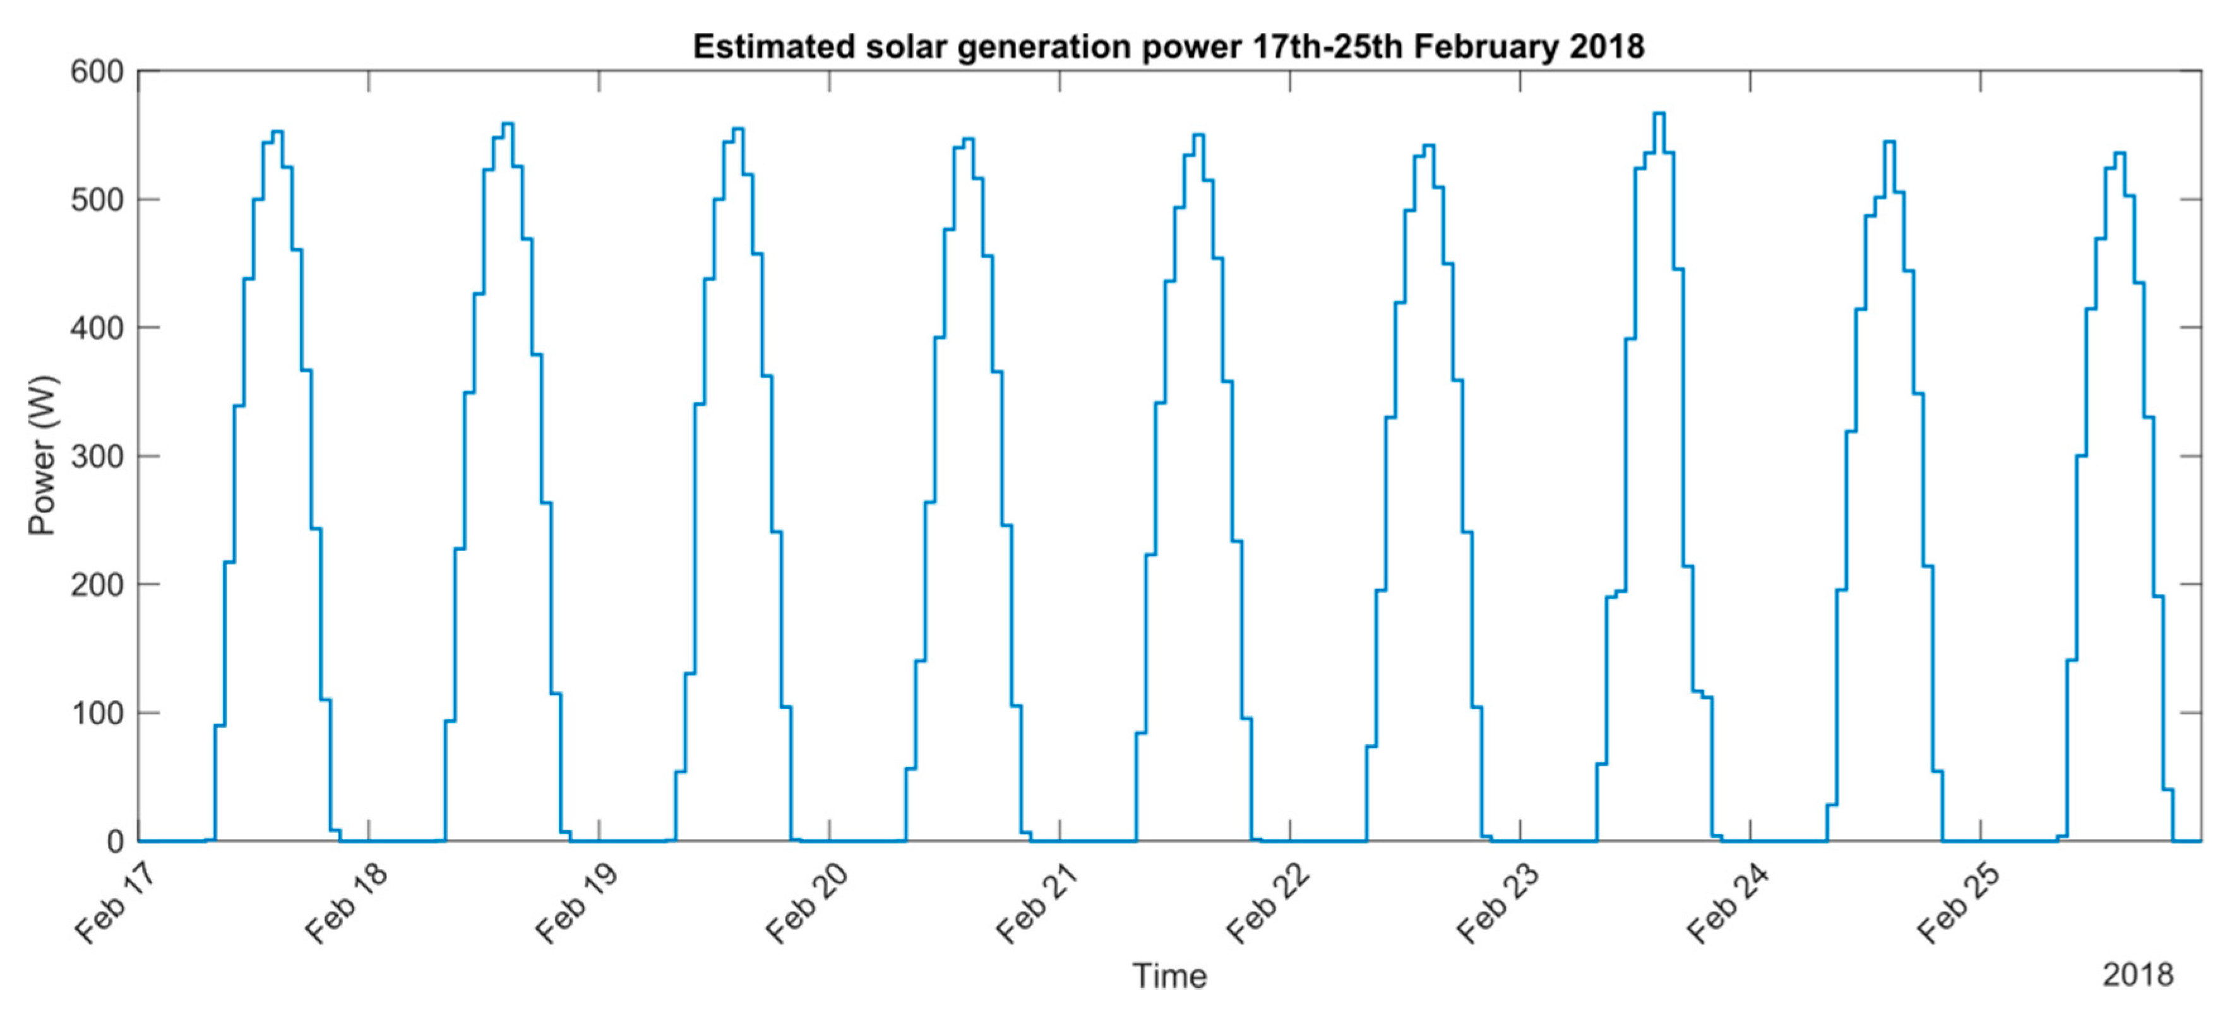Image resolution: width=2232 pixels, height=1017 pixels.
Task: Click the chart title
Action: click(x=1168, y=46)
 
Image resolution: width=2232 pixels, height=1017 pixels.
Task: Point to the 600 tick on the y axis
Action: click(x=97, y=72)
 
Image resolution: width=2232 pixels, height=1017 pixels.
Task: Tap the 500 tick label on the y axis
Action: click(x=97, y=200)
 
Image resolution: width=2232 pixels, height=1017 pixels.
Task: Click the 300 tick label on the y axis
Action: click(x=97, y=456)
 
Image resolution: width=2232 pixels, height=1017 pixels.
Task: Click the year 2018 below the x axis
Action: click(x=2137, y=975)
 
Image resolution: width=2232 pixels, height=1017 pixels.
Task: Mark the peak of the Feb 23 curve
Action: click(x=1659, y=114)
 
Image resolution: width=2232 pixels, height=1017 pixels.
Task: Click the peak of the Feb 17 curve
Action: click(x=277, y=132)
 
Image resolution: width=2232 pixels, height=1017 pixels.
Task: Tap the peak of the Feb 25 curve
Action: click(x=2120, y=153)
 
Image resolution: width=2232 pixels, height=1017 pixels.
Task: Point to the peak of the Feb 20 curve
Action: click(x=968, y=139)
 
